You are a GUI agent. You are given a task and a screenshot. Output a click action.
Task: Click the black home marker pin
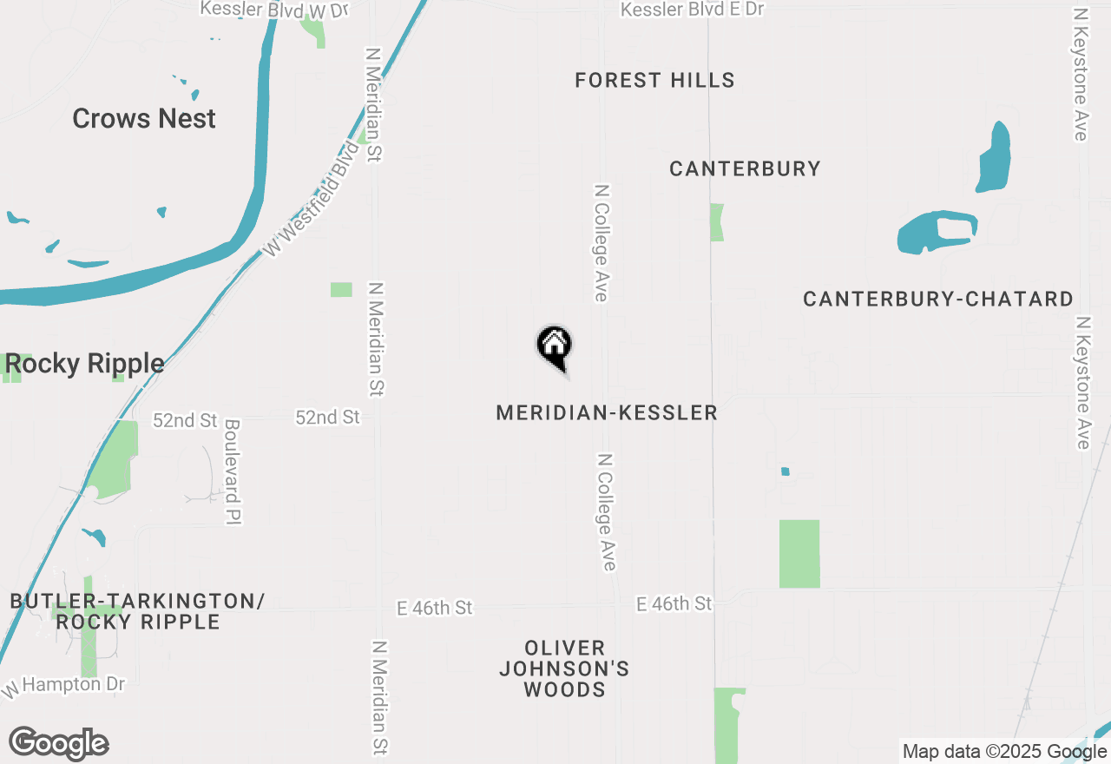554,346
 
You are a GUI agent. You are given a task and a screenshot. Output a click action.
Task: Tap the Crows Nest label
144,118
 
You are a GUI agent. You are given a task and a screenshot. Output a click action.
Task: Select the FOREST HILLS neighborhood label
654,81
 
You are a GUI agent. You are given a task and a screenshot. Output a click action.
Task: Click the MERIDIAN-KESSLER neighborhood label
607,412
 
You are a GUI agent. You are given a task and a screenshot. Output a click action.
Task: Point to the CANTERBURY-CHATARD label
937,300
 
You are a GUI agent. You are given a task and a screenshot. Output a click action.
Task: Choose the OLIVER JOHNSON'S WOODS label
564,668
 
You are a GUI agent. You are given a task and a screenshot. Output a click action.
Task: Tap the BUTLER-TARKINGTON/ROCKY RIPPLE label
137,611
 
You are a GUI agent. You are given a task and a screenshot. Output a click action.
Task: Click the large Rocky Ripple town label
84,364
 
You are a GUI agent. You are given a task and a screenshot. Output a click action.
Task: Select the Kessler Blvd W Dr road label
273,10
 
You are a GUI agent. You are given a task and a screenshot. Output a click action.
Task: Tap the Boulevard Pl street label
232,471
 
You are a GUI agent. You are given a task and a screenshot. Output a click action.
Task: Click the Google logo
58,743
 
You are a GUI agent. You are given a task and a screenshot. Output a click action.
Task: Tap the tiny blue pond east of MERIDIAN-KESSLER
785,471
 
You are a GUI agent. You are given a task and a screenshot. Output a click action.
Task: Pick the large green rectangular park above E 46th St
799,554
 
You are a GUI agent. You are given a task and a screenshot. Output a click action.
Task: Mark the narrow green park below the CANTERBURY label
716,222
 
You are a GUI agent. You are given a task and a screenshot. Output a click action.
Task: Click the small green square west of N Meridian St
341,289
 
